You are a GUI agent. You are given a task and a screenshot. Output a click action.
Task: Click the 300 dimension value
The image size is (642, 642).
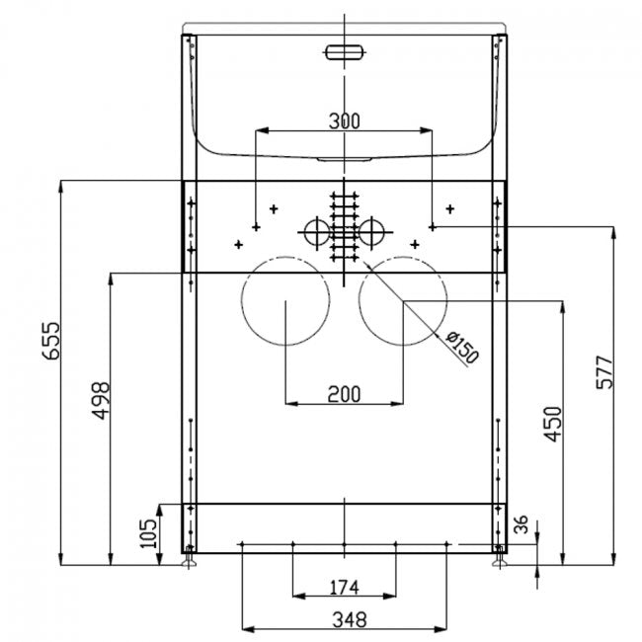tap(343, 121)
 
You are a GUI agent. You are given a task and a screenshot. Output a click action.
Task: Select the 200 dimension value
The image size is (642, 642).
tap(343, 394)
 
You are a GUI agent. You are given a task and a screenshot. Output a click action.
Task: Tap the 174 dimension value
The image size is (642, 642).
tap(343, 589)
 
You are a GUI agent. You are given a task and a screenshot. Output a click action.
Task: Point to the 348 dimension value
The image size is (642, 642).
tap(343, 620)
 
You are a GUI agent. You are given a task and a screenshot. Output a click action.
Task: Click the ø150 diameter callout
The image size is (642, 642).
tap(461, 348)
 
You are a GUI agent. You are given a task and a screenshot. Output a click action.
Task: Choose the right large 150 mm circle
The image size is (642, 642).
tap(403, 301)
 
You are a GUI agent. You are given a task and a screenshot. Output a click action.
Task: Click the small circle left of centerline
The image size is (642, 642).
tap(315, 231)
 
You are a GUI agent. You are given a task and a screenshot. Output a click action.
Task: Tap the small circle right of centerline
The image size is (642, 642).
tap(372, 231)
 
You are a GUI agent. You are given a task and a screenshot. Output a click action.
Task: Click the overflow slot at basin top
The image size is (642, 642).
tap(343, 50)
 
